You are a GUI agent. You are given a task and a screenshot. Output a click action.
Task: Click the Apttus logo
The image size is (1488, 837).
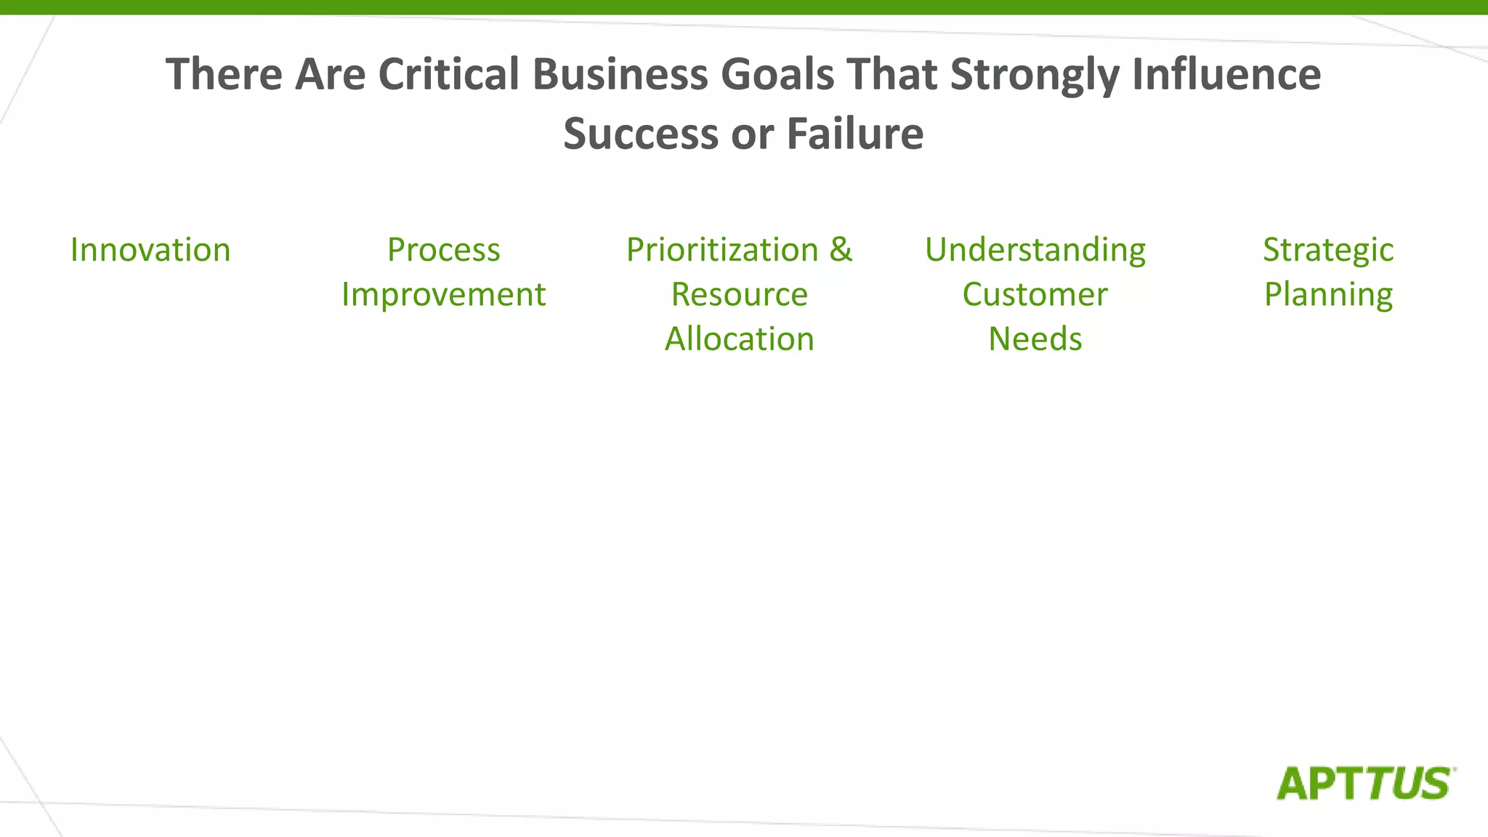tap(1365, 783)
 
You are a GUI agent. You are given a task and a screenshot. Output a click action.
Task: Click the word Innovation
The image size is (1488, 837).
tap(150, 250)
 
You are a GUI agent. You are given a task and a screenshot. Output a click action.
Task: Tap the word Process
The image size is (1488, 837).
tap(443, 250)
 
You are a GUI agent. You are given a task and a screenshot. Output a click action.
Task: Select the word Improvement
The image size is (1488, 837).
tap(443, 295)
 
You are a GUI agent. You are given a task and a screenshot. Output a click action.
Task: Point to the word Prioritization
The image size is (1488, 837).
tap(722, 250)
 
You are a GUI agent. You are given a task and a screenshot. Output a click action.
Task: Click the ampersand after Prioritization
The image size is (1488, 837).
tap(841, 249)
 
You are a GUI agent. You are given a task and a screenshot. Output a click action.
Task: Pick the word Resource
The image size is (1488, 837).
tap(739, 295)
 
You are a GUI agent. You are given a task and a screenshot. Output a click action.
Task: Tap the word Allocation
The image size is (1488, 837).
tap(739, 339)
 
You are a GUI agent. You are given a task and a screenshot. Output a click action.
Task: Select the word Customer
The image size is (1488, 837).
tap(1035, 295)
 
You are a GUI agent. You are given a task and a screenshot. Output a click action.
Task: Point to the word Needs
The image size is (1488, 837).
tap(1035, 339)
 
